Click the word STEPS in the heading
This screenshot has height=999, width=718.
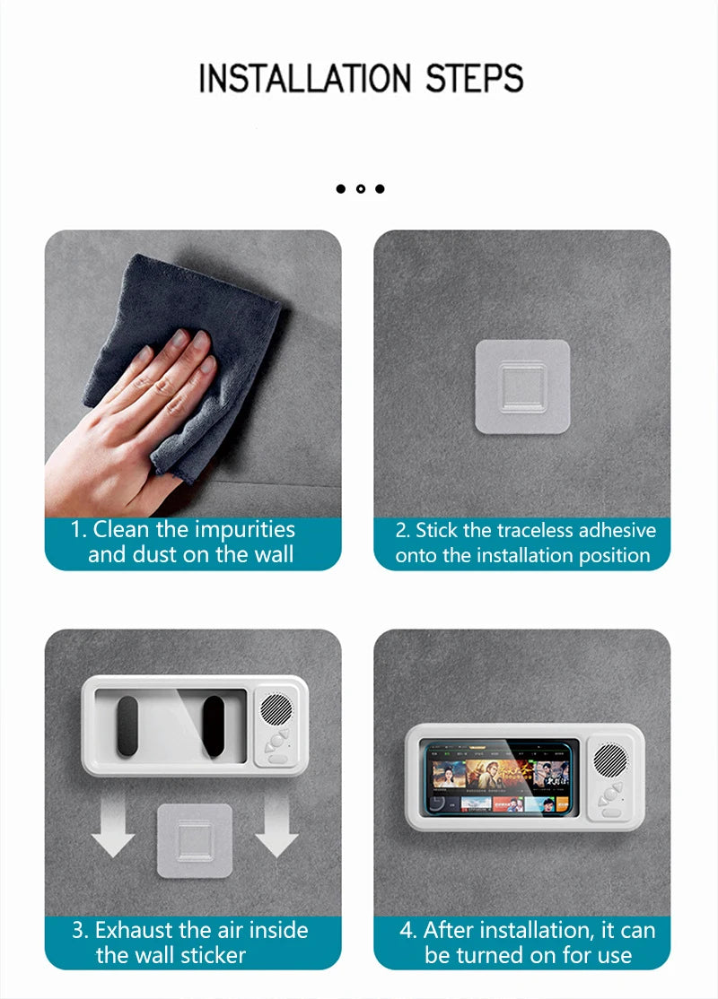pyautogui.click(x=474, y=79)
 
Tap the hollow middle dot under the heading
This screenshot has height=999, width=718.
pyautogui.click(x=360, y=188)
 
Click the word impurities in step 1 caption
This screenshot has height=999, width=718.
pyautogui.click(x=244, y=529)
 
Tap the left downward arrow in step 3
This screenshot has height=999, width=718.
pyautogui.click(x=113, y=830)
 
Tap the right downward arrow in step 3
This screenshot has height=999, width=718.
pyautogui.click(x=276, y=830)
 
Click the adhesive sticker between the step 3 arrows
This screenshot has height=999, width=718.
pyautogui.click(x=195, y=839)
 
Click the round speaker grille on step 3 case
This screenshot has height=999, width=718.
pyautogui.click(x=276, y=709)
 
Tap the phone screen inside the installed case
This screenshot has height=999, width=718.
pyautogui.click(x=502, y=777)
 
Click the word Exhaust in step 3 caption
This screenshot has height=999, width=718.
pyautogui.click(x=138, y=930)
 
